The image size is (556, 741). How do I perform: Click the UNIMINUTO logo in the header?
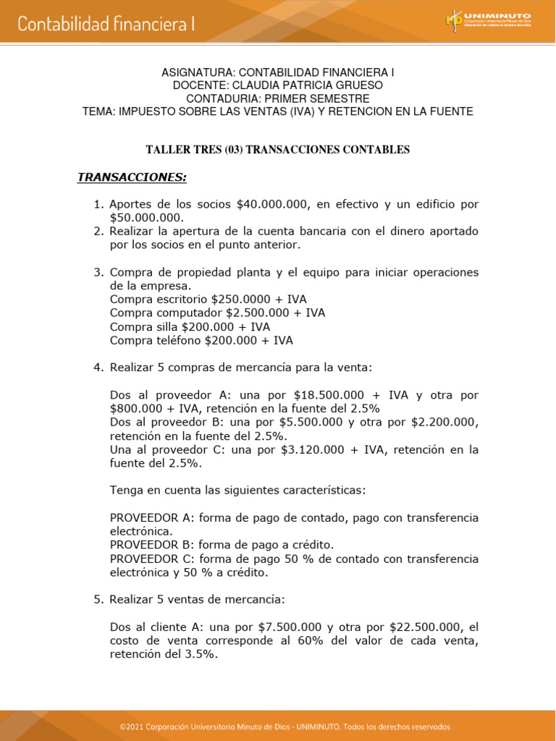coord(489,20)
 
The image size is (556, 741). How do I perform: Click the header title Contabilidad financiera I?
coord(106,24)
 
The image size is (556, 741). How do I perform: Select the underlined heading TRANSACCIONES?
coord(132,177)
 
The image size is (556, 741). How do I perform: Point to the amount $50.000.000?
coord(147,218)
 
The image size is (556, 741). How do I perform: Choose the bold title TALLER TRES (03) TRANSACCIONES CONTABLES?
coord(278,150)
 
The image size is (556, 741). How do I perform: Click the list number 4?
coord(98,368)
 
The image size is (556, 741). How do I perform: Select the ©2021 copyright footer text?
coord(285,727)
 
